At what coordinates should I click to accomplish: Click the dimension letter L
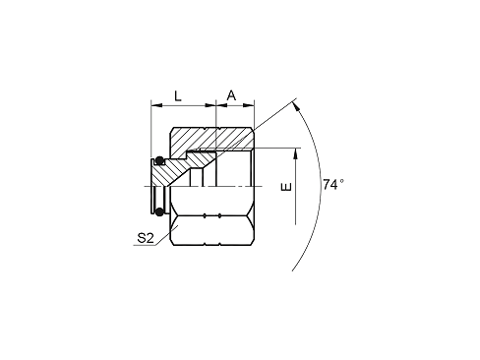[177, 95]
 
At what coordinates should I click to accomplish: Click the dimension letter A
[232, 94]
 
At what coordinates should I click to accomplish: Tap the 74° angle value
[334, 183]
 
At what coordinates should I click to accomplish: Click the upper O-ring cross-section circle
[157, 161]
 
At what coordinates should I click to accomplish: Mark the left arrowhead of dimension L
[154, 104]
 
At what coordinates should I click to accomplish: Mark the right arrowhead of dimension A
[251, 104]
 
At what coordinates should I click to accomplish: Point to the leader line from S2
[162, 232]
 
